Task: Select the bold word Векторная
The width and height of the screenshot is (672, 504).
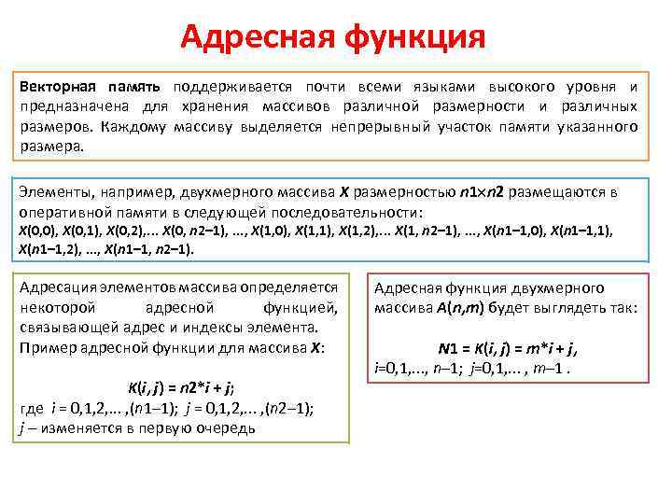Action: [x=57, y=85]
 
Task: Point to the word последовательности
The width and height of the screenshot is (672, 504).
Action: [x=343, y=211]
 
